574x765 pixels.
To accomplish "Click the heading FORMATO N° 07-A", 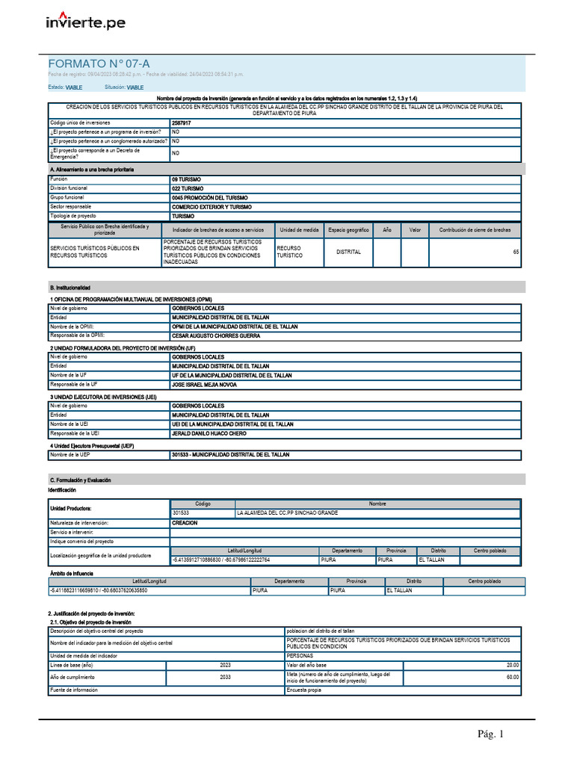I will pos(94,64).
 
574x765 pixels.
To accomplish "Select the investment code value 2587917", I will pos(181,123).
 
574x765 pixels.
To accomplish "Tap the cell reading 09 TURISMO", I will pos(187,180).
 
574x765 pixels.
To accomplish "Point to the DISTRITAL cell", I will pos(348,253).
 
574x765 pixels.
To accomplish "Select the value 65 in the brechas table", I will pos(516,253).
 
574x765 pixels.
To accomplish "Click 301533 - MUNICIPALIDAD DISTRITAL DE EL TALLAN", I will pos(230,454).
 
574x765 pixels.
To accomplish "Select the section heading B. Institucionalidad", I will pos(70,287).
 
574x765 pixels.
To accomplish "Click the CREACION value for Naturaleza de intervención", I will pos(185,523).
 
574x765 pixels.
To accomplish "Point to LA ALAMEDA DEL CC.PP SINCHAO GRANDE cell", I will pos(287,513).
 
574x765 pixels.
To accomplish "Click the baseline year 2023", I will pos(225,665).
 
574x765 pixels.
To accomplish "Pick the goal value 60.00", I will pos(512,677).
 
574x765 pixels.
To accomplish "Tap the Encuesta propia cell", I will pos(304,690).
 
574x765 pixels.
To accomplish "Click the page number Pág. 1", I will pos(492,734).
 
